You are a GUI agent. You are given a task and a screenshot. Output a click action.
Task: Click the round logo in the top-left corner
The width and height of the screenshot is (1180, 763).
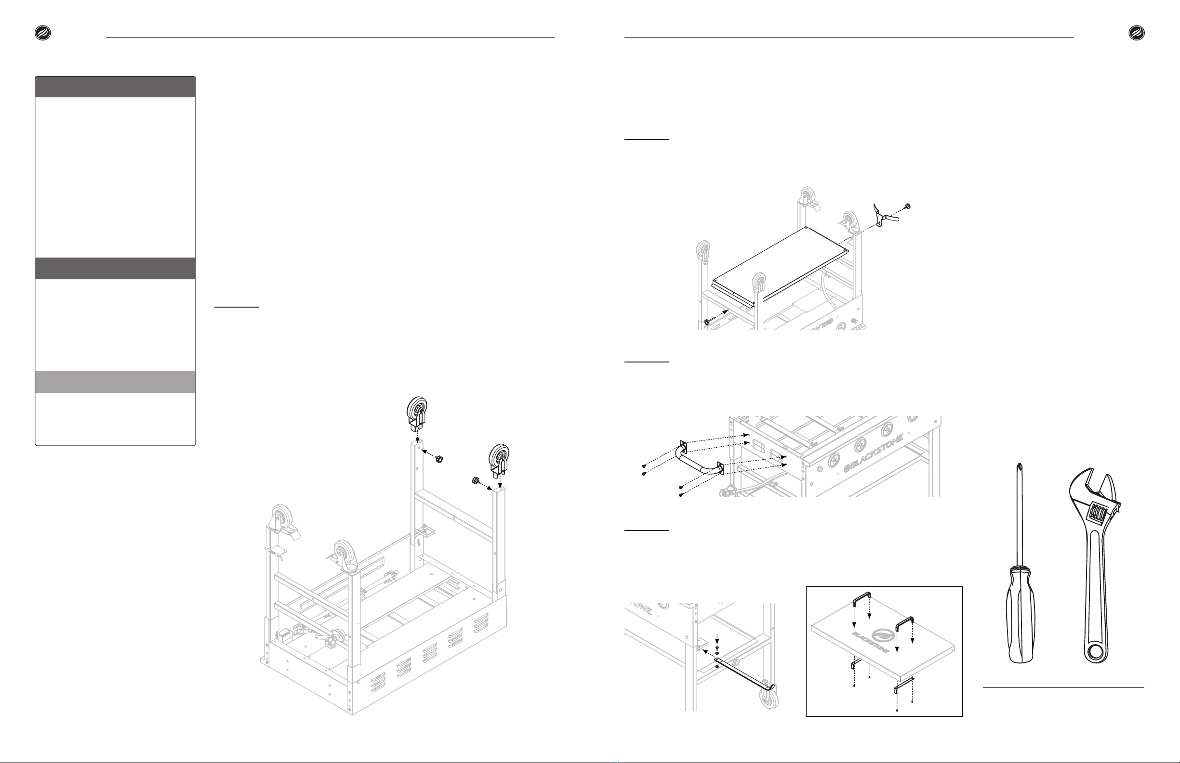(42, 33)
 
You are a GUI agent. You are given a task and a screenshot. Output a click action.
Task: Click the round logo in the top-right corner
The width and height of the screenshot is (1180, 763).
(1136, 33)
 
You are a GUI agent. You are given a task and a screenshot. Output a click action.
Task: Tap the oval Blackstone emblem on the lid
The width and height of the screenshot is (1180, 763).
(887, 634)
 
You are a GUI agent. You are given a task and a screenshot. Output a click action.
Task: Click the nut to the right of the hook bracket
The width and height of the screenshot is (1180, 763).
(907, 206)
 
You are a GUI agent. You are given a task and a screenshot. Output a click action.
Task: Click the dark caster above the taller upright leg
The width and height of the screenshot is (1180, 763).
(416, 414)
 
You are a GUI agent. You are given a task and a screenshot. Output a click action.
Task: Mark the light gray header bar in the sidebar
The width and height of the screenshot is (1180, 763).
(115, 382)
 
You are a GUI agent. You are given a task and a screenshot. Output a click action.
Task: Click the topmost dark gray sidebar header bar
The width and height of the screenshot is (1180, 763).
(115, 87)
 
